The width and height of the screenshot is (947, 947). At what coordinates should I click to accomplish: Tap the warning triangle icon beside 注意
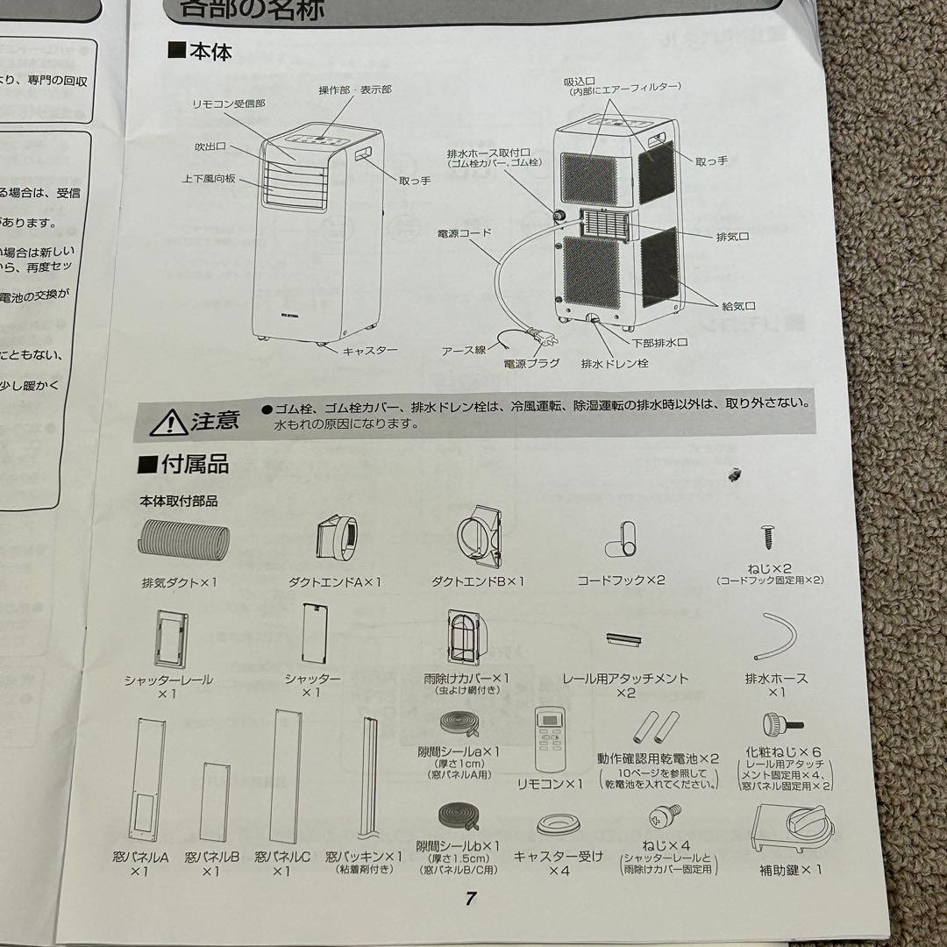(x=167, y=422)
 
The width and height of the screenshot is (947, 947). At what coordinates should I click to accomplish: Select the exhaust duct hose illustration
(x=184, y=538)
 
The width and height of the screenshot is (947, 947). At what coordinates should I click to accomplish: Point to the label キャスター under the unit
(x=370, y=350)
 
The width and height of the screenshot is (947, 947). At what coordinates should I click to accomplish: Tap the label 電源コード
(x=464, y=233)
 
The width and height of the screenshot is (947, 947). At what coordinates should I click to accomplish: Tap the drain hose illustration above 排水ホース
(x=774, y=637)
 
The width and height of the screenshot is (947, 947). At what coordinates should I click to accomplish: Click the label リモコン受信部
(x=229, y=103)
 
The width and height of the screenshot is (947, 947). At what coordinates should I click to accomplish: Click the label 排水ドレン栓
(x=614, y=362)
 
